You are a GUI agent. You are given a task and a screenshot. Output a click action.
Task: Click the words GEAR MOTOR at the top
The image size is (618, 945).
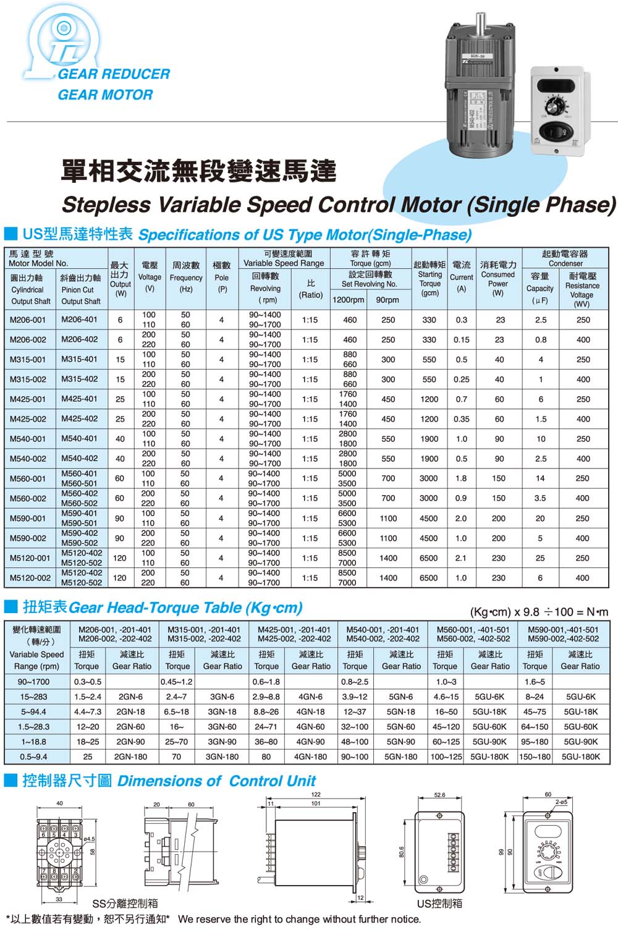105,95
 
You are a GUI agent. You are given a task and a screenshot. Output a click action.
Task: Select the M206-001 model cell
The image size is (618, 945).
28,320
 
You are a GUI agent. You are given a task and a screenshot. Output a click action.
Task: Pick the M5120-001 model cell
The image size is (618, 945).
30,558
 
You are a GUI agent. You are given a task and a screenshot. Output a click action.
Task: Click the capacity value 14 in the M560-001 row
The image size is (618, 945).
540,478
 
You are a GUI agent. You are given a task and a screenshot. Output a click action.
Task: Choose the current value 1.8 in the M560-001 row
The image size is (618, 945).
461,478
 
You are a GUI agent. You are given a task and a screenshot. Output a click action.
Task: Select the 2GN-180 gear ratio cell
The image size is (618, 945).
130,756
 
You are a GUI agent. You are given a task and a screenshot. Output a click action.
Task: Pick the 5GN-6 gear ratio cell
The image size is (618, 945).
400,697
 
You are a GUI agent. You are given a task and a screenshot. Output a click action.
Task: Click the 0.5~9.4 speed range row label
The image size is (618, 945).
33,756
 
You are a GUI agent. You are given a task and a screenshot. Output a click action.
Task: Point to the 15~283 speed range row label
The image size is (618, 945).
33,697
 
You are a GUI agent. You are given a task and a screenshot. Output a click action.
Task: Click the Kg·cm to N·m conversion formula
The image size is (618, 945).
539,612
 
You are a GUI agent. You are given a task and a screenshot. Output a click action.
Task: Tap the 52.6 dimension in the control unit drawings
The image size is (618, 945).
439,795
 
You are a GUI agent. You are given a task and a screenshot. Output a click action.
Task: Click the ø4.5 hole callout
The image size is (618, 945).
89,839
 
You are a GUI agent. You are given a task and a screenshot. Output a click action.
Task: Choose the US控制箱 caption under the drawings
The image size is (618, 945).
439,904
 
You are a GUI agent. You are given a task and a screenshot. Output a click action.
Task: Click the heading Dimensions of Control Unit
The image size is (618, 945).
216,781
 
